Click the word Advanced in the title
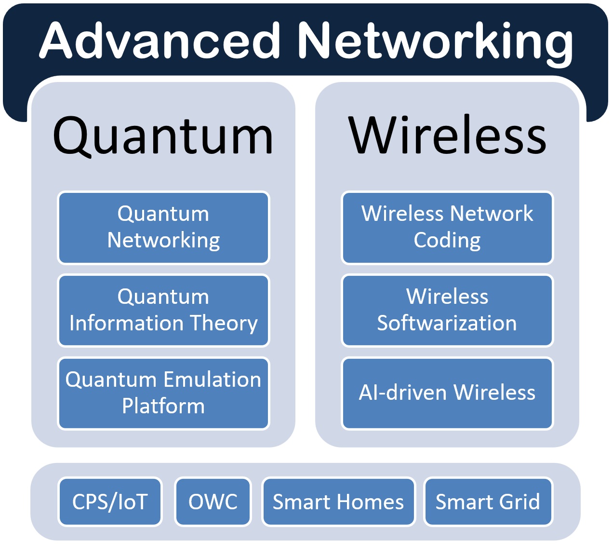click(160, 40)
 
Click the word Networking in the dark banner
click(435, 44)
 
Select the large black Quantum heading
click(163, 136)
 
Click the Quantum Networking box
click(163, 228)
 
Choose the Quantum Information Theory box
click(163, 311)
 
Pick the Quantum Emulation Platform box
click(163, 394)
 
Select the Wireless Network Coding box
click(447, 228)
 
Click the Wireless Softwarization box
click(447, 311)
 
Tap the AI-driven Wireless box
click(447, 394)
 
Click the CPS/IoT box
click(110, 502)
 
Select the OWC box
click(213, 502)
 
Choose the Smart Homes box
click(338, 502)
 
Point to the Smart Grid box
click(488, 502)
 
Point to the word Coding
click(447, 241)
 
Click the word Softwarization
click(447, 323)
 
